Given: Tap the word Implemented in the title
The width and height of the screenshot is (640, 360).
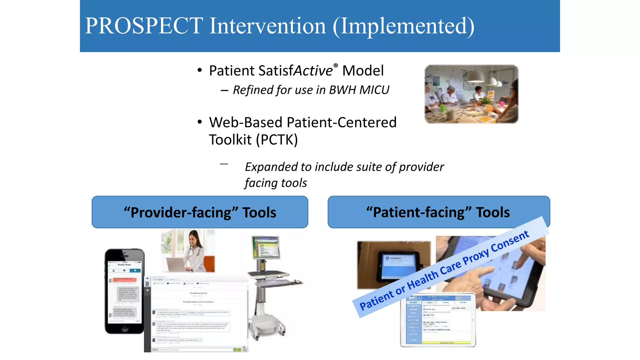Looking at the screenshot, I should (x=403, y=26).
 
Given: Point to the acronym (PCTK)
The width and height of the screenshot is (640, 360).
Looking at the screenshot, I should (x=277, y=140).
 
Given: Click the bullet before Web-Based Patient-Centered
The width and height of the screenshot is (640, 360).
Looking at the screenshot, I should (x=200, y=122).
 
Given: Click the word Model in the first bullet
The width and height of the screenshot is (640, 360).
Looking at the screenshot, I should (x=363, y=71).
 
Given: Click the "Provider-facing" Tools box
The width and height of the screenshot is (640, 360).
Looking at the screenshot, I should (x=200, y=212).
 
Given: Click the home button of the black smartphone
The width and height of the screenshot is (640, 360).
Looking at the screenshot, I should (x=125, y=328).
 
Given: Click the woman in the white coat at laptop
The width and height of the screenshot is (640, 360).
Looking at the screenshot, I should (x=194, y=250).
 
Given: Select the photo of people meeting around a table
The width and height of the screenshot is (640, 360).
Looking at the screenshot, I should (x=471, y=94).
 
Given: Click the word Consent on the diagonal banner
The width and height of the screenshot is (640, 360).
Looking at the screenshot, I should (x=510, y=242).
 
